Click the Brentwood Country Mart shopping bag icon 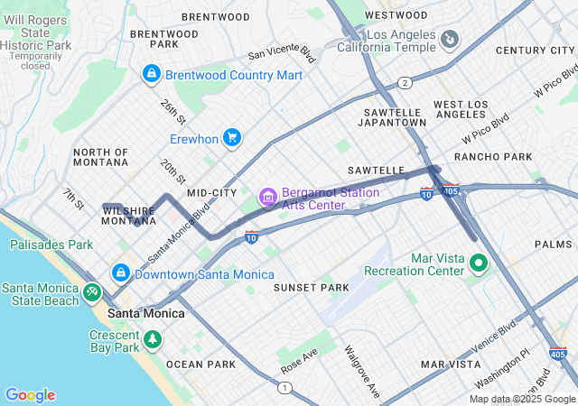pyautogui.click(x=151, y=74)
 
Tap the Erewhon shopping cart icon pyautogui.click(x=232, y=137)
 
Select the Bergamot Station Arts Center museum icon pyautogui.click(x=267, y=197)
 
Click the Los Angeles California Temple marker pyautogui.click(x=449, y=40)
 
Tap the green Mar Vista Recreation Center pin pyautogui.click(x=478, y=263)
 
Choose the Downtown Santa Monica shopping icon pyautogui.click(x=119, y=272)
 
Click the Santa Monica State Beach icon pyautogui.click(x=91, y=293)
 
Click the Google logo pyautogui.click(x=30, y=395)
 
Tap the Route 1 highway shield pyautogui.click(x=285, y=387)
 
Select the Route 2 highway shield pyautogui.click(x=406, y=83)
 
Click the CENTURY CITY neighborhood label pyautogui.click(x=535, y=51)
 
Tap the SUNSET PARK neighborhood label pyautogui.click(x=311, y=287)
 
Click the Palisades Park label pyautogui.click(x=51, y=245)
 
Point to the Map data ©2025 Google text pyautogui.click(x=521, y=399)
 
